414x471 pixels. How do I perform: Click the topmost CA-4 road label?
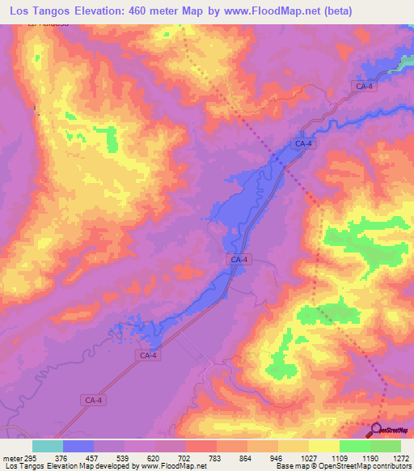pos(364,86)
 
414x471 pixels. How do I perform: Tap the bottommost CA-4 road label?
pos(93,400)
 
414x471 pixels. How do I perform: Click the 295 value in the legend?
pos(31,458)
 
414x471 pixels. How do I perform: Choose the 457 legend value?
pos(93,458)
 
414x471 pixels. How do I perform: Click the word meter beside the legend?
pos(11,458)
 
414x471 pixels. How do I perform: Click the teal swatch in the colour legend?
pos(47,446)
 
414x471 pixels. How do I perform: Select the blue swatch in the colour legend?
pos(78,446)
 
